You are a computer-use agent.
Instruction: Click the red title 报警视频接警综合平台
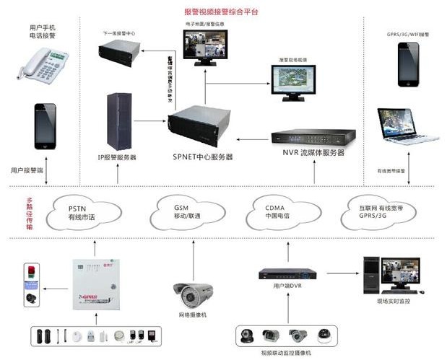pos(221,12)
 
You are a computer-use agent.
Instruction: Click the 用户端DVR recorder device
pos(287,275)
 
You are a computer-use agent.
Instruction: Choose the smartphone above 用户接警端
pos(45,128)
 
